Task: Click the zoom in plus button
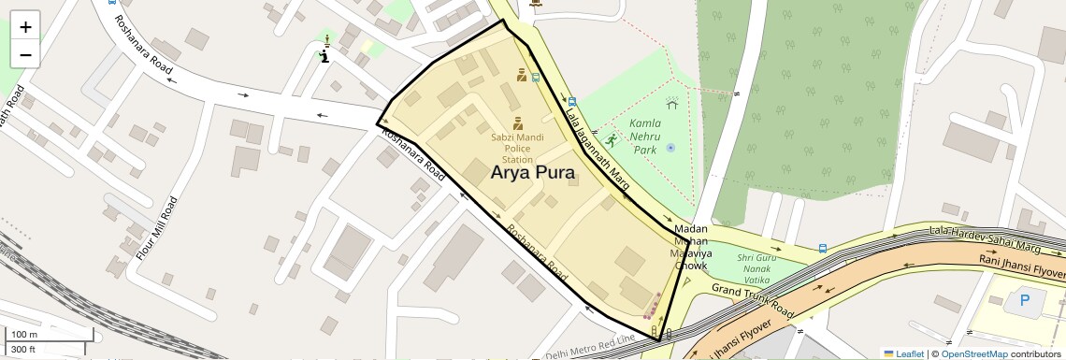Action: pyautogui.click(x=25, y=26)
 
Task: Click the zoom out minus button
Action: pyautogui.click(x=25, y=54)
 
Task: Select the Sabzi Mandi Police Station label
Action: pyautogui.click(x=517, y=148)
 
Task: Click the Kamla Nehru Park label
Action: pyautogui.click(x=645, y=136)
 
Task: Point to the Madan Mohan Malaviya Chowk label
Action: pyautogui.click(x=692, y=248)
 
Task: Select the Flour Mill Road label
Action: pyautogui.click(x=156, y=228)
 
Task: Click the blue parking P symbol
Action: pyautogui.click(x=1025, y=301)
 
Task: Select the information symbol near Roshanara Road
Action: pyautogui.click(x=324, y=56)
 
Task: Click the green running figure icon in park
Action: pyautogui.click(x=612, y=140)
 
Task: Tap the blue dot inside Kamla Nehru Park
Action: pyautogui.click(x=670, y=148)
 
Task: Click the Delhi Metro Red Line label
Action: pyautogui.click(x=590, y=346)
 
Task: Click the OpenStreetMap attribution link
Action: pyautogui.click(x=973, y=353)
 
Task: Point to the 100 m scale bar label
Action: pyautogui.click(x=24, y=335)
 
